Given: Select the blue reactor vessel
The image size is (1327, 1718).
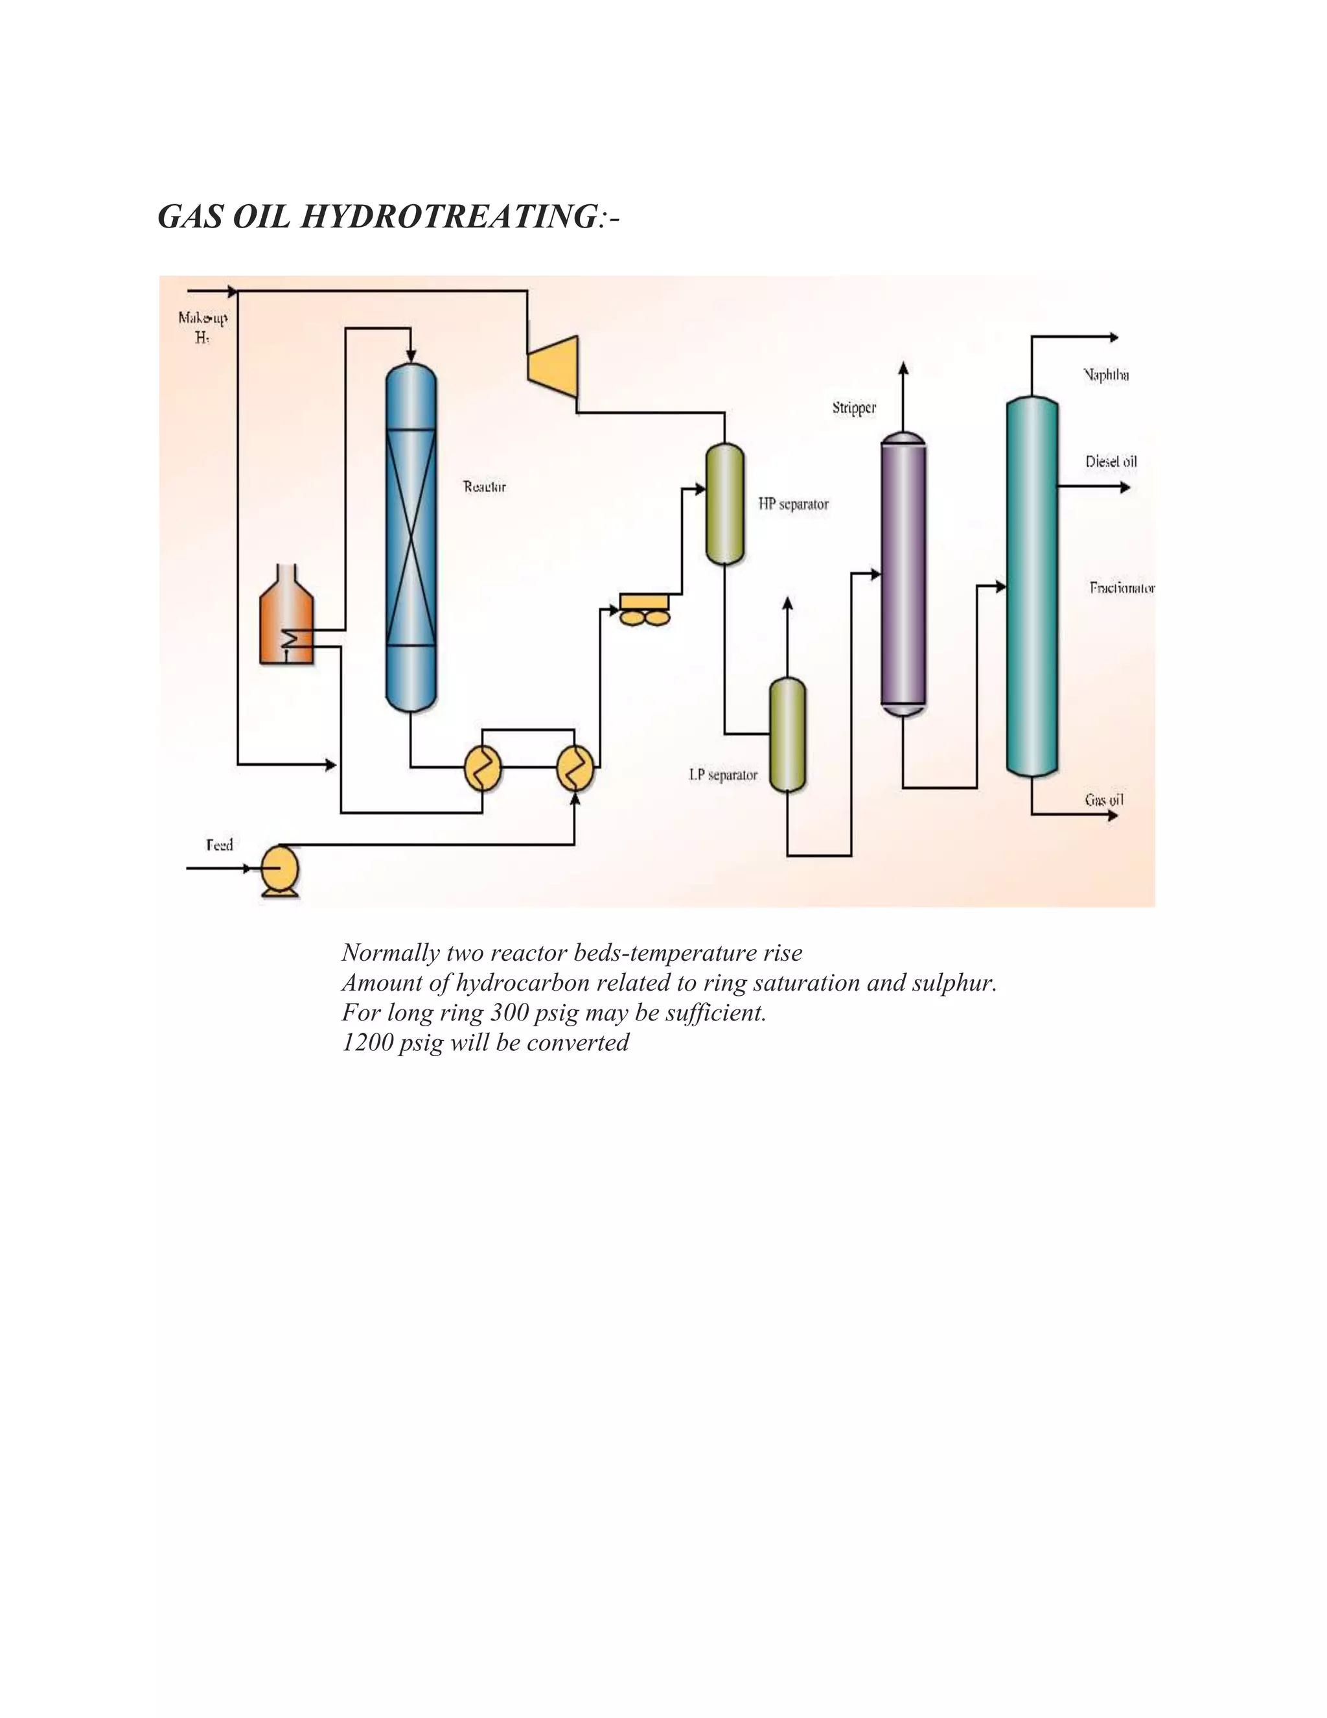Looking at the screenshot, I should [x=410, y=535].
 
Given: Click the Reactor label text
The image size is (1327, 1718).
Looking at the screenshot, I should [x=484, y=487].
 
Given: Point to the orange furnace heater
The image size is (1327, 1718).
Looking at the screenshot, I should [x=286, y=617].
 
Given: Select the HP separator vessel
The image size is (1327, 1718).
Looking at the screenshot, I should [x=724, y=504].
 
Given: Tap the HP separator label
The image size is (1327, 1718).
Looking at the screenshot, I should [x=793, y=504].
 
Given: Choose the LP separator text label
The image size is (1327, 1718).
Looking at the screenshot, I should [x=723, y=775].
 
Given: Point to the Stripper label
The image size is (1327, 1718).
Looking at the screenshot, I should [x=854, y=408].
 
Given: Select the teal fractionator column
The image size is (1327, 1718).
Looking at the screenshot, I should [x=1032, y=586].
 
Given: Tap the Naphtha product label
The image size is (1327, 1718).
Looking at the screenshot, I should [x=1106, y=375].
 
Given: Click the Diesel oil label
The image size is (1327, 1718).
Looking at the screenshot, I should [x=1111, y=462].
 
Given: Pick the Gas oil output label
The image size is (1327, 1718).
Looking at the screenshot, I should [x=1103, y=800].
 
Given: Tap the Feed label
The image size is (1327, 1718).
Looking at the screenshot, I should [x=220, y=845].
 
